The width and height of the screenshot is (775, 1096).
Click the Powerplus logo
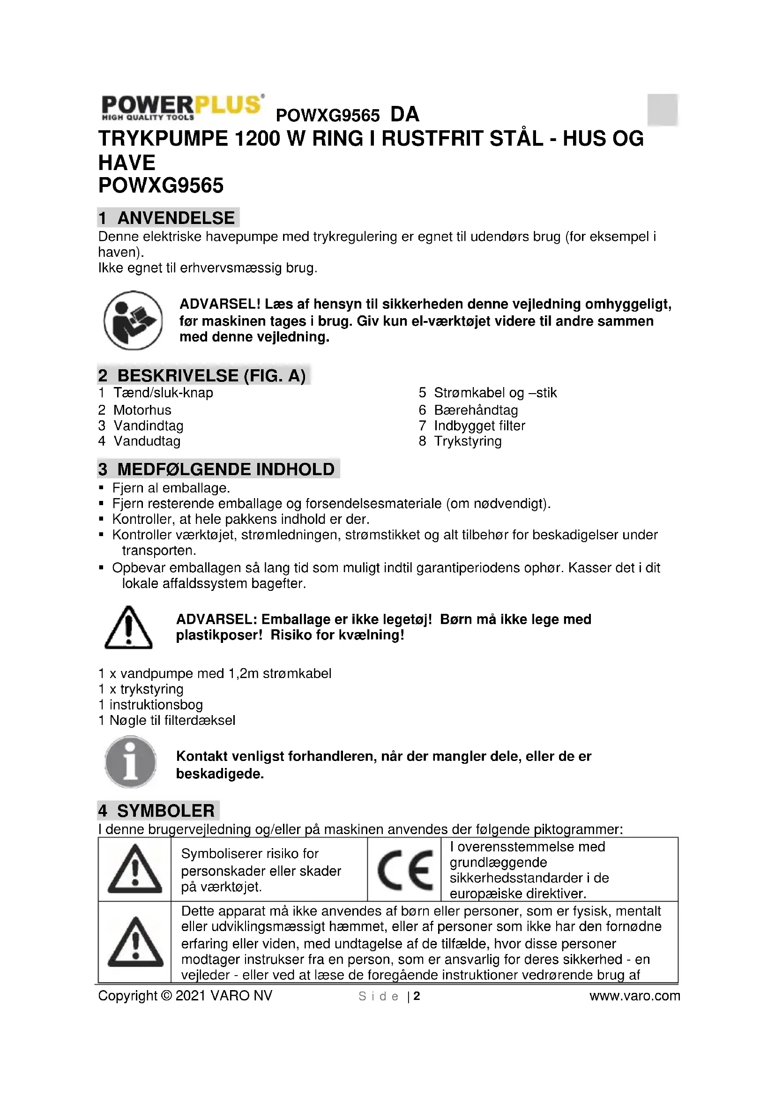pyautogui.click(x=182, y=107)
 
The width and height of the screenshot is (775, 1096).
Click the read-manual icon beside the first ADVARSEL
pyautogui.click(x=133, y=321)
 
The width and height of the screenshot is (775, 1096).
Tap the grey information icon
pyautogui.click(x=130, y=762)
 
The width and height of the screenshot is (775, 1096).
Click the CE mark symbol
pyautogui.click(x=405, y=870)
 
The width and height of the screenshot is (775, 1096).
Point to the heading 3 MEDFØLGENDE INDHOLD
pyautogui.click(x=217, y=469)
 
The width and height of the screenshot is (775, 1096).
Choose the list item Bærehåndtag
pyautogui.click(x=475, y=410)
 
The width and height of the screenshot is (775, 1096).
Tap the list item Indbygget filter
pyautogui.click(x=479, y=426)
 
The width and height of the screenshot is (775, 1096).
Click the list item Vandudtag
pyautogui.click(x=147, y=441)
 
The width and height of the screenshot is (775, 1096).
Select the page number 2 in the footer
pyautogui.click(x=417, y=996)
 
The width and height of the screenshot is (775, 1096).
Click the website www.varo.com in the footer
pyautogui.click(x=634, y=996)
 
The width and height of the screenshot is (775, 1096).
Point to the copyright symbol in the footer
pyautogui.click(x=166, y=996)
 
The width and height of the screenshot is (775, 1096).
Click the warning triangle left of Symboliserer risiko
pyautogui.click(x=134, y=870)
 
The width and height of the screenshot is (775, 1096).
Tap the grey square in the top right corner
pyautogui.click(x=663, y=110)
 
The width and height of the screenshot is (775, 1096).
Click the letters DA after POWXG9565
pyautogui.click(x=405, y=114)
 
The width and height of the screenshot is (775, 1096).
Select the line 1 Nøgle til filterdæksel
pyautogui.click(x=166, y=720)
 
